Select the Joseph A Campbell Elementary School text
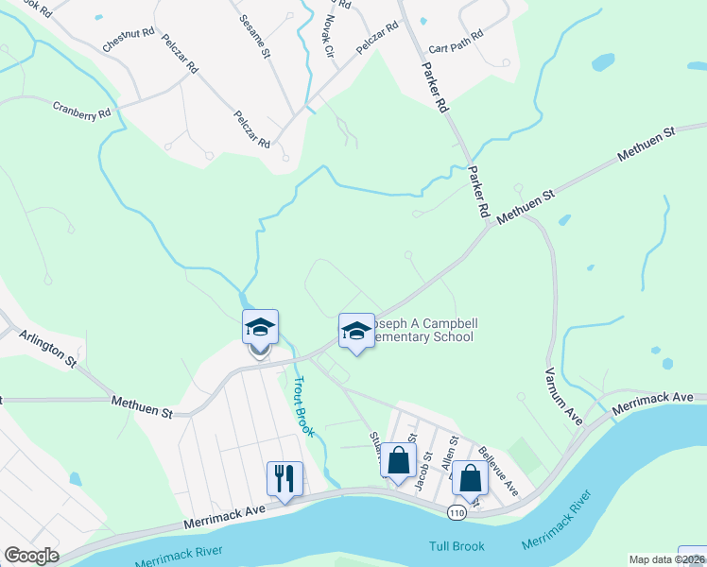point(420,330)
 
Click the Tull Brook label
point(457,546)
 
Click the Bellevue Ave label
point(498,471)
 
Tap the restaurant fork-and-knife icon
point(285,477)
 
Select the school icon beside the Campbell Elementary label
point(356,331)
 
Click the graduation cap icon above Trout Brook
point(260,327)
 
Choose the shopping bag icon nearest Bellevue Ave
point(470,478)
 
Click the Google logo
point(31,556)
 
